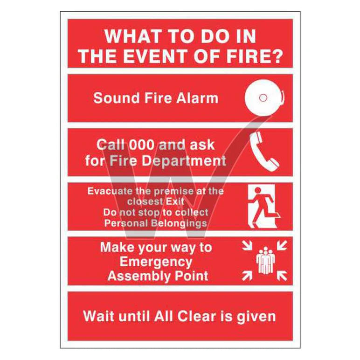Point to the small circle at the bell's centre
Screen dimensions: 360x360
point(263,98)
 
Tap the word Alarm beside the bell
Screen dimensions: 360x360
point(197,98)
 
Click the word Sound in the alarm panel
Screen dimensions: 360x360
point(117,98)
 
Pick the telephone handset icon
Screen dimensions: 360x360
point(264,151)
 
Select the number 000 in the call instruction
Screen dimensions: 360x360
point(141,145)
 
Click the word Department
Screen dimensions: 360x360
point(184,160)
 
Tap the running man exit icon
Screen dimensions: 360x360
point(264,207)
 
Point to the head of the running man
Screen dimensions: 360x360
point(258,190)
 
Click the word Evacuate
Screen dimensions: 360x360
point(110,191)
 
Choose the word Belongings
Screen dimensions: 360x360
point(179,223)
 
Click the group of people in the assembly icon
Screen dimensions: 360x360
point(265,260)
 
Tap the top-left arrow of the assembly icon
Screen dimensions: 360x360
point(247,245)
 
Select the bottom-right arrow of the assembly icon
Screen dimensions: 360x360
point(282,276)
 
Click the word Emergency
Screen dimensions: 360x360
point(156,262)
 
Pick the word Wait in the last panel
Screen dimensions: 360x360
point(98,316)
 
